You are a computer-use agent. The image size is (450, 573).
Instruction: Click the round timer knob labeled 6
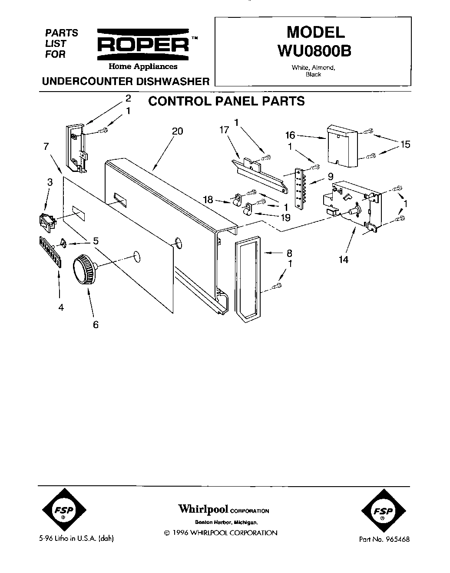click(84, 270)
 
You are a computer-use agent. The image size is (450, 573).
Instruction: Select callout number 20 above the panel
click(178, 131)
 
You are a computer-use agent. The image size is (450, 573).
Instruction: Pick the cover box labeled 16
click(341, 146)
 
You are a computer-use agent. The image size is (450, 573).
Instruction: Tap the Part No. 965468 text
click(384, 540)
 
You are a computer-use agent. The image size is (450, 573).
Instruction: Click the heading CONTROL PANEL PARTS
click(226, 101)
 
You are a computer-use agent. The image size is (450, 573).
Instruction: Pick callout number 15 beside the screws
click(405, 144)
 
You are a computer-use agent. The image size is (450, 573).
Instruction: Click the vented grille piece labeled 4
click(49, 252)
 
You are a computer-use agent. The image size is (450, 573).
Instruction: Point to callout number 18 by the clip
click(208, 200)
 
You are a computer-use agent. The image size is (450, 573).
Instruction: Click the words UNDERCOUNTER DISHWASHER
click(125, 81)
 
